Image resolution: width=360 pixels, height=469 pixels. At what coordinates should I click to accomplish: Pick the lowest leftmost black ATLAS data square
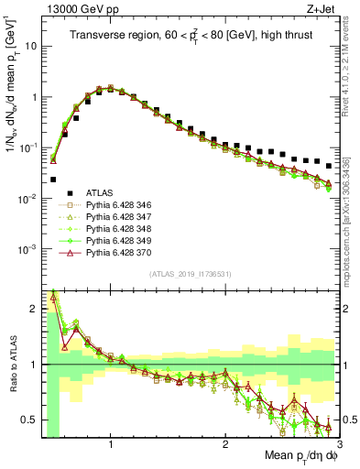click(54, 180)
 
